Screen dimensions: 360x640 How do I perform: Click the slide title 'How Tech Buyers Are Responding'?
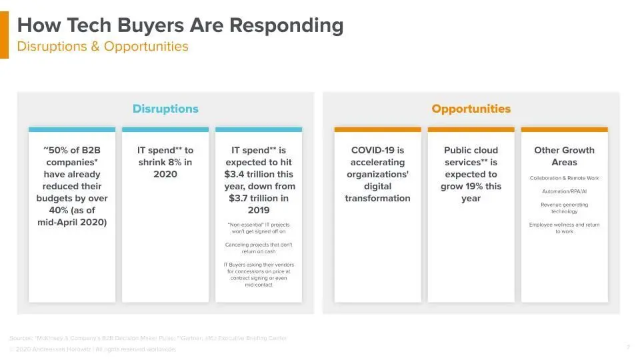[180, 26]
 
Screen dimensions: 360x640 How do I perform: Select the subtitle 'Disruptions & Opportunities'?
[103, 47]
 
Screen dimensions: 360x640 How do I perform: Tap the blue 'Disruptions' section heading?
[165, 109]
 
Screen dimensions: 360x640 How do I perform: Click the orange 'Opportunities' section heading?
[471, 109]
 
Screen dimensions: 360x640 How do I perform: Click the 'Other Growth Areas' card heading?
[564, 157]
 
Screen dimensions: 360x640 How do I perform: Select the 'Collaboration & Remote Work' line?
[564, 179]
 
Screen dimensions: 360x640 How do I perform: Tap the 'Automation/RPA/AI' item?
[564, 191]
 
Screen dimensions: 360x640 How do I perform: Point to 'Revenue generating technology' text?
[564, 208]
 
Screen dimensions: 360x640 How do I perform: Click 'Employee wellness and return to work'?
[564, 228]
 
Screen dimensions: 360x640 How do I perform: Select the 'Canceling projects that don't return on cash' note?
[259, 248]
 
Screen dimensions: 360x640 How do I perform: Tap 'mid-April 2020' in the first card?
[71, 223]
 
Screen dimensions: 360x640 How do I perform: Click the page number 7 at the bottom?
[628, 347]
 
